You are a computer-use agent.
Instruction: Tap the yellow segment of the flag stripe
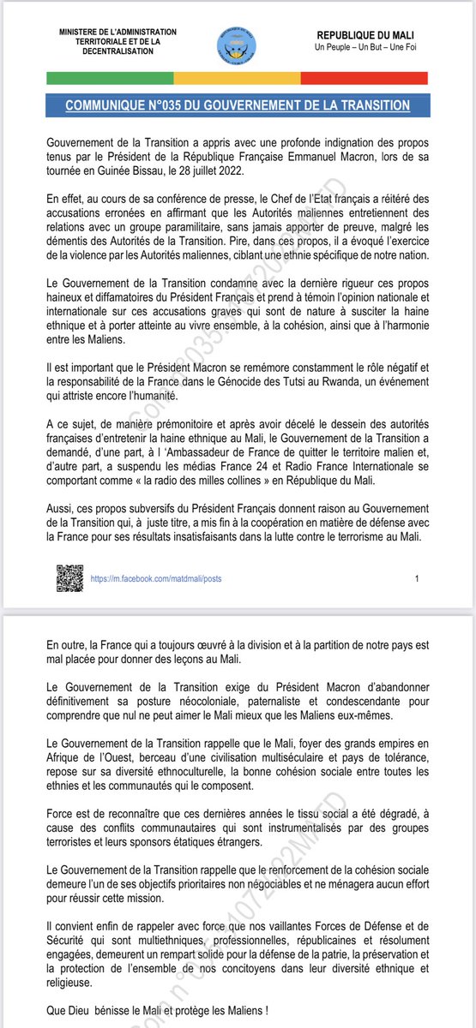(x=238, y=78)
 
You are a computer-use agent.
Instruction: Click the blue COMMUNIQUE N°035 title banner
(x=238, y=105)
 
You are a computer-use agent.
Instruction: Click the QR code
(x=70, y=578)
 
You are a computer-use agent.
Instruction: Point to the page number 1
(x=417, y=578)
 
